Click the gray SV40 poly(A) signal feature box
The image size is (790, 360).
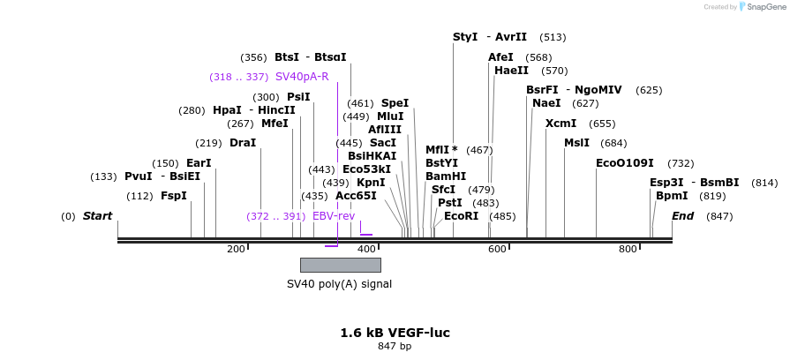(340, 265)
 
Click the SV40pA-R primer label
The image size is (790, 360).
(302, 77)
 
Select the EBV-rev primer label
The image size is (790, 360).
(334, 216)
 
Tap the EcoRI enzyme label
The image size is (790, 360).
(461, 216)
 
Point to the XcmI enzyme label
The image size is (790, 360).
(561, 124)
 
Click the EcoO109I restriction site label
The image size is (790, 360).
(624, 163)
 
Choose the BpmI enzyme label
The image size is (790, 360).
(672, 196)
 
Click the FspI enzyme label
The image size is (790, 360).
(174, 196)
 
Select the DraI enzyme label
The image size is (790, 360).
(243, 143)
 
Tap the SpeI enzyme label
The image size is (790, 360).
(395, 103)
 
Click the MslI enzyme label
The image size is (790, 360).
(576, 143)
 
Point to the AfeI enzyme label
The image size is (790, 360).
(500, 57)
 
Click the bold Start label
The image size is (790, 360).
(97, 216)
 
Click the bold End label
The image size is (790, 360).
(682, 216)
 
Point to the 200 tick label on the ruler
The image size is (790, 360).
(236, 249)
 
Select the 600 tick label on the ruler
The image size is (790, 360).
(497, 249)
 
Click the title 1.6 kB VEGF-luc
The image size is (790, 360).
(395, 333)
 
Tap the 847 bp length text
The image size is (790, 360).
(395, 347)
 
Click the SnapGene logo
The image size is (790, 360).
(762, 7)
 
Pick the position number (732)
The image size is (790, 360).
(681, 163)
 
